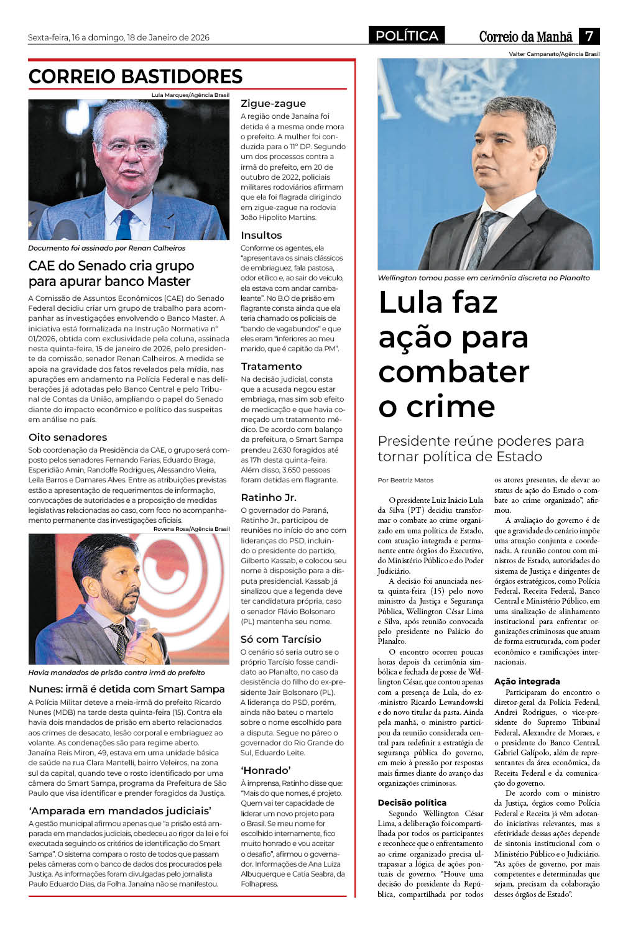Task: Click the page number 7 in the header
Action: coord(589,36)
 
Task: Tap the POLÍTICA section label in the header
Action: coord(407,36)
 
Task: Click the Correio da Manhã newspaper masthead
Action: coord(525,37)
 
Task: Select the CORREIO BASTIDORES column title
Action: coord(136,76)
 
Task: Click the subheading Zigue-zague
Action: coord(273,103)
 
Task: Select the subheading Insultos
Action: coord(261,235)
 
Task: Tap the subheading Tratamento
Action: coord(271,366)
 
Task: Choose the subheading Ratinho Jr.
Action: coord(268,497)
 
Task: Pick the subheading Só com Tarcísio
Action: coord(280,639)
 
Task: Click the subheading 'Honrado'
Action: coord(266,770)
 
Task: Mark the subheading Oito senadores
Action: coord(68,437)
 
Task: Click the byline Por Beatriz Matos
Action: coord(405,480)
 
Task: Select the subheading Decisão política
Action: coord(412,803)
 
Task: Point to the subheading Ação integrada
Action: coord(527,681)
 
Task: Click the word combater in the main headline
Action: coord(454,372)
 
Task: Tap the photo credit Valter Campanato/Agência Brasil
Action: coord(554,54)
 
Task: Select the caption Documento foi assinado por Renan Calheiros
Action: coord(106,248)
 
